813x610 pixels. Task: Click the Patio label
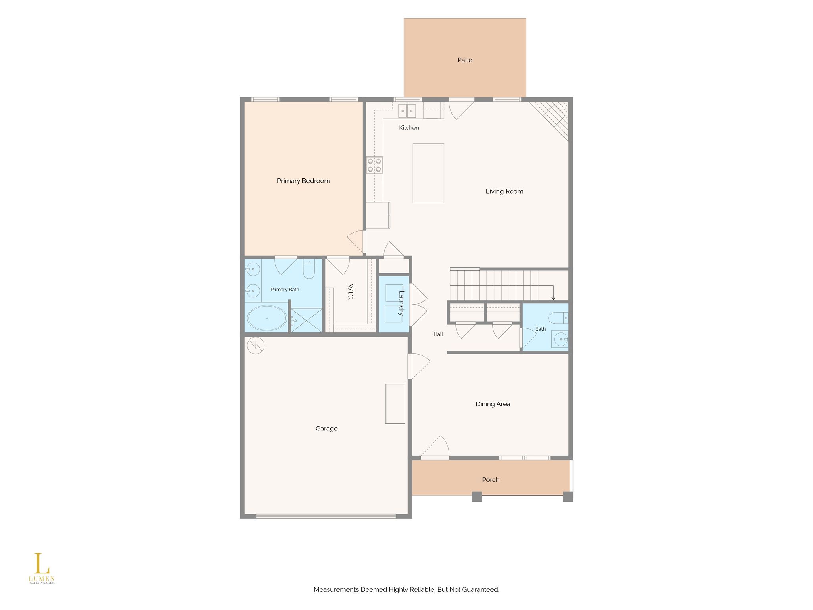(465, 60)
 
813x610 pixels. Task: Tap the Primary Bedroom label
(303, 181)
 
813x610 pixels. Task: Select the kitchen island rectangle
(428, 173)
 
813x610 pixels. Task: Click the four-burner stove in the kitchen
(374, 165)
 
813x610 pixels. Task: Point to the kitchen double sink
(407, 111)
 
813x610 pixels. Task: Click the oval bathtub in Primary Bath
(267, 318)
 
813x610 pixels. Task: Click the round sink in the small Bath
(561, 339)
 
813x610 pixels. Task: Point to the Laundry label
(401, 303)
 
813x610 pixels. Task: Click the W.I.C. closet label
(351, 292)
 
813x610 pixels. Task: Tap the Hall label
(438, 334)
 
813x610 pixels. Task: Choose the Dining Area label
(493, 404)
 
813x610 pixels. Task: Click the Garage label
(327, 429)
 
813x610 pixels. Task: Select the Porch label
(491, 480)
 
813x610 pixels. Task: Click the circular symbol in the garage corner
(256, 346)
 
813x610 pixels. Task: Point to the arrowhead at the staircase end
(553, 298)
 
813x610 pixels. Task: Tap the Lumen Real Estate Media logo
(42, 568)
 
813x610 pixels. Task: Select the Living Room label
(505, 191)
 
